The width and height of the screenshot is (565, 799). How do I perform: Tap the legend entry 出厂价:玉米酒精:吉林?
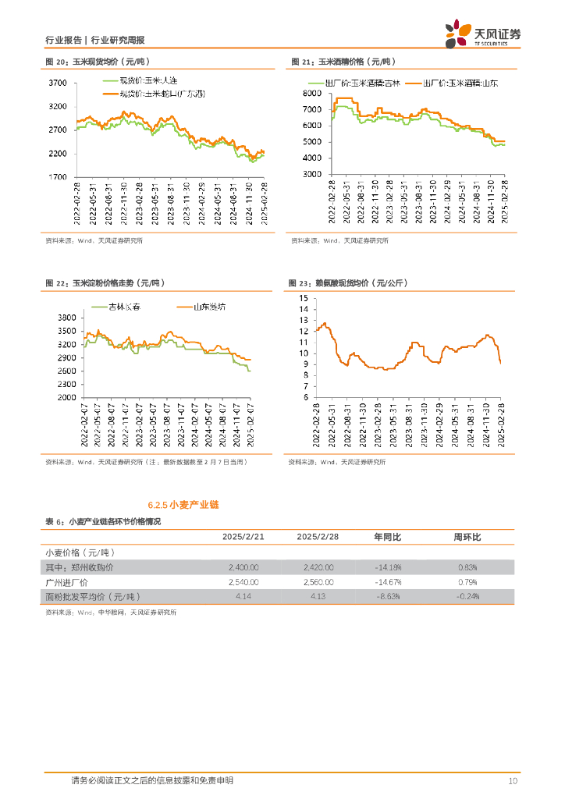pyautogui.click(x=354, y=82)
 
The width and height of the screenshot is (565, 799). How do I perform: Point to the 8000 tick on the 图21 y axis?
pyautogui.click(x=309, y=93)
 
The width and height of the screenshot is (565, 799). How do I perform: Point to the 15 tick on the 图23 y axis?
pyautogui.click(x=304, y=298)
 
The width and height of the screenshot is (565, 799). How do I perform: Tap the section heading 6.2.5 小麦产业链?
pyautogui.click(x=183, y=505)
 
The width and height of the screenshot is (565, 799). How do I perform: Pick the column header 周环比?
pyautogui.click(x=467, y=538)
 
